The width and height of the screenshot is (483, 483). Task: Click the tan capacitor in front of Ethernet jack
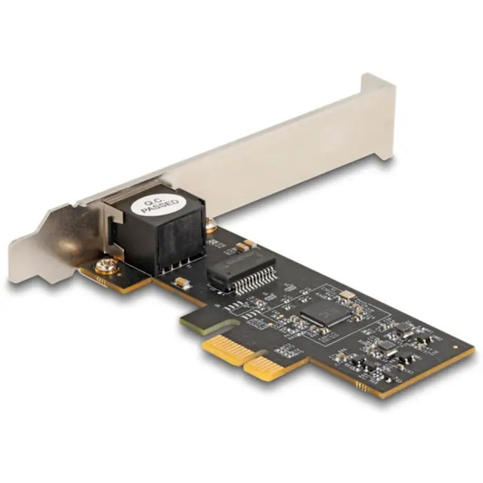tap(180, 282)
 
